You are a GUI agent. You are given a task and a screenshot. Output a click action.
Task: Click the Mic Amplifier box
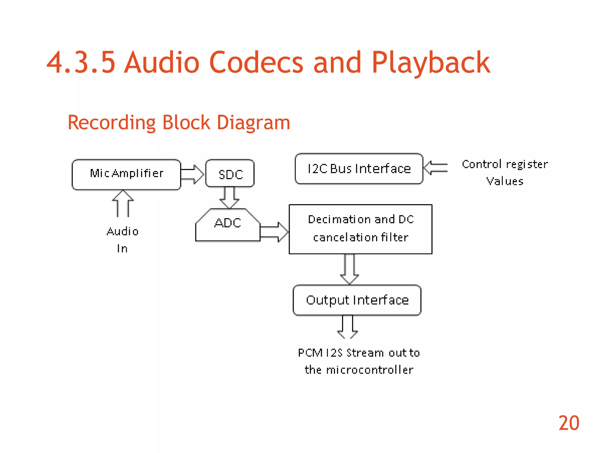126,175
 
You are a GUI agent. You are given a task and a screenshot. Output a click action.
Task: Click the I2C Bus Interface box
359,169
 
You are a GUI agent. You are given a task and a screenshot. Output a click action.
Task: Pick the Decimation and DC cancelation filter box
360,229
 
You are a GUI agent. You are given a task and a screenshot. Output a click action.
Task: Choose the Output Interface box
357,300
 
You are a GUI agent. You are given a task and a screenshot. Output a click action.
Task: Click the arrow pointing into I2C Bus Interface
436,168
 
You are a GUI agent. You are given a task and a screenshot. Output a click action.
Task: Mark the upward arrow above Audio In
123,203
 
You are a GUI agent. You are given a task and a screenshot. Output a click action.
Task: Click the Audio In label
123,239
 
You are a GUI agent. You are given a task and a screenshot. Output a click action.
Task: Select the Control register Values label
505,173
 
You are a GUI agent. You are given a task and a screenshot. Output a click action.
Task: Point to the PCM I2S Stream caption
359,361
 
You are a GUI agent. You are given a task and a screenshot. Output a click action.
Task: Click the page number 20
569,423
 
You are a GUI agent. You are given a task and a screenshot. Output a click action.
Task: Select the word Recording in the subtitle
111,123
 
